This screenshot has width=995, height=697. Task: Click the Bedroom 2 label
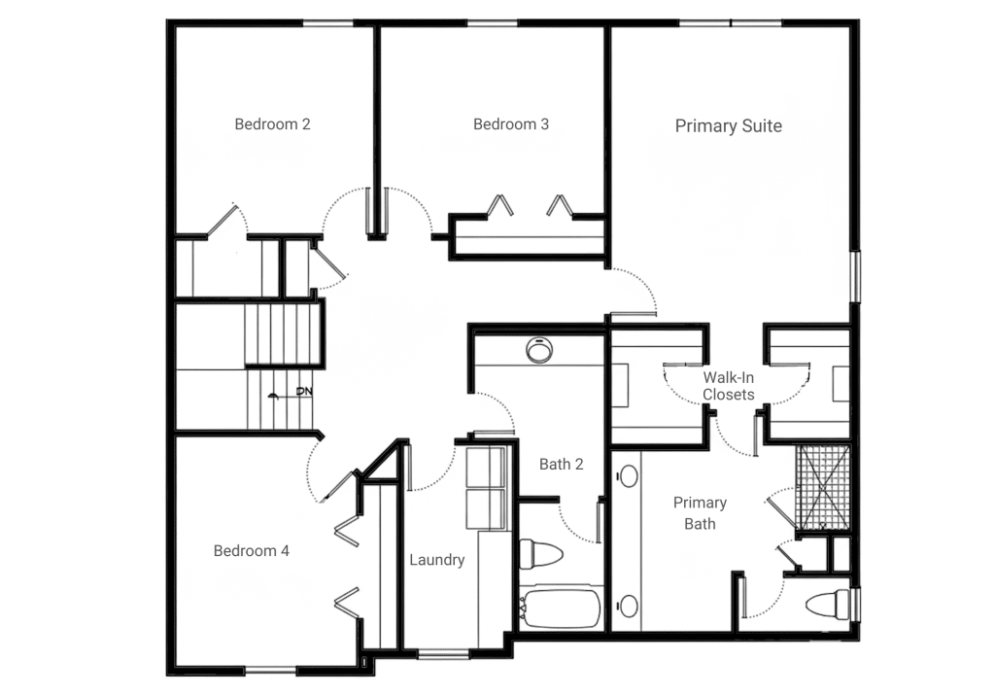272,124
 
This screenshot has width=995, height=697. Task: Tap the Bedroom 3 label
511,124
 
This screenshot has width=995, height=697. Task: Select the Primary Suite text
729,126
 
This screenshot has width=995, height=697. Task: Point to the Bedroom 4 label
252,551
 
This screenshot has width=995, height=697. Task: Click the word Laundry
437,560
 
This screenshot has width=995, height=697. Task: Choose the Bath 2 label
561,465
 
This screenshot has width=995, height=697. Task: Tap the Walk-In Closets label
729,386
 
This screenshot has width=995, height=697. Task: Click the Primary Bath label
700,513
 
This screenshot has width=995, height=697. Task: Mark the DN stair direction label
304,391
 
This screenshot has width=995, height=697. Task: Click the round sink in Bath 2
538,350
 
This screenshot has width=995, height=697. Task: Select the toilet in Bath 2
540,553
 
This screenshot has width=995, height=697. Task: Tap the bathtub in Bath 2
560,609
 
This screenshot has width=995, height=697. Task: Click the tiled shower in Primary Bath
823,487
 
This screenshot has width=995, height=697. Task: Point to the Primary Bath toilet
829,605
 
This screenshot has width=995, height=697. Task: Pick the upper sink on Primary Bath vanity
629,476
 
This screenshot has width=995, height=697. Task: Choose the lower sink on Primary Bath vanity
629,607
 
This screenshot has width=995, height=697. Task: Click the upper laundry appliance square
486,468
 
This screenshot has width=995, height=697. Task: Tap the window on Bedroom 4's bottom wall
270,670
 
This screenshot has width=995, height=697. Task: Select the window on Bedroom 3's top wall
493,23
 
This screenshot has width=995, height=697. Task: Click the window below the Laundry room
443,652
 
